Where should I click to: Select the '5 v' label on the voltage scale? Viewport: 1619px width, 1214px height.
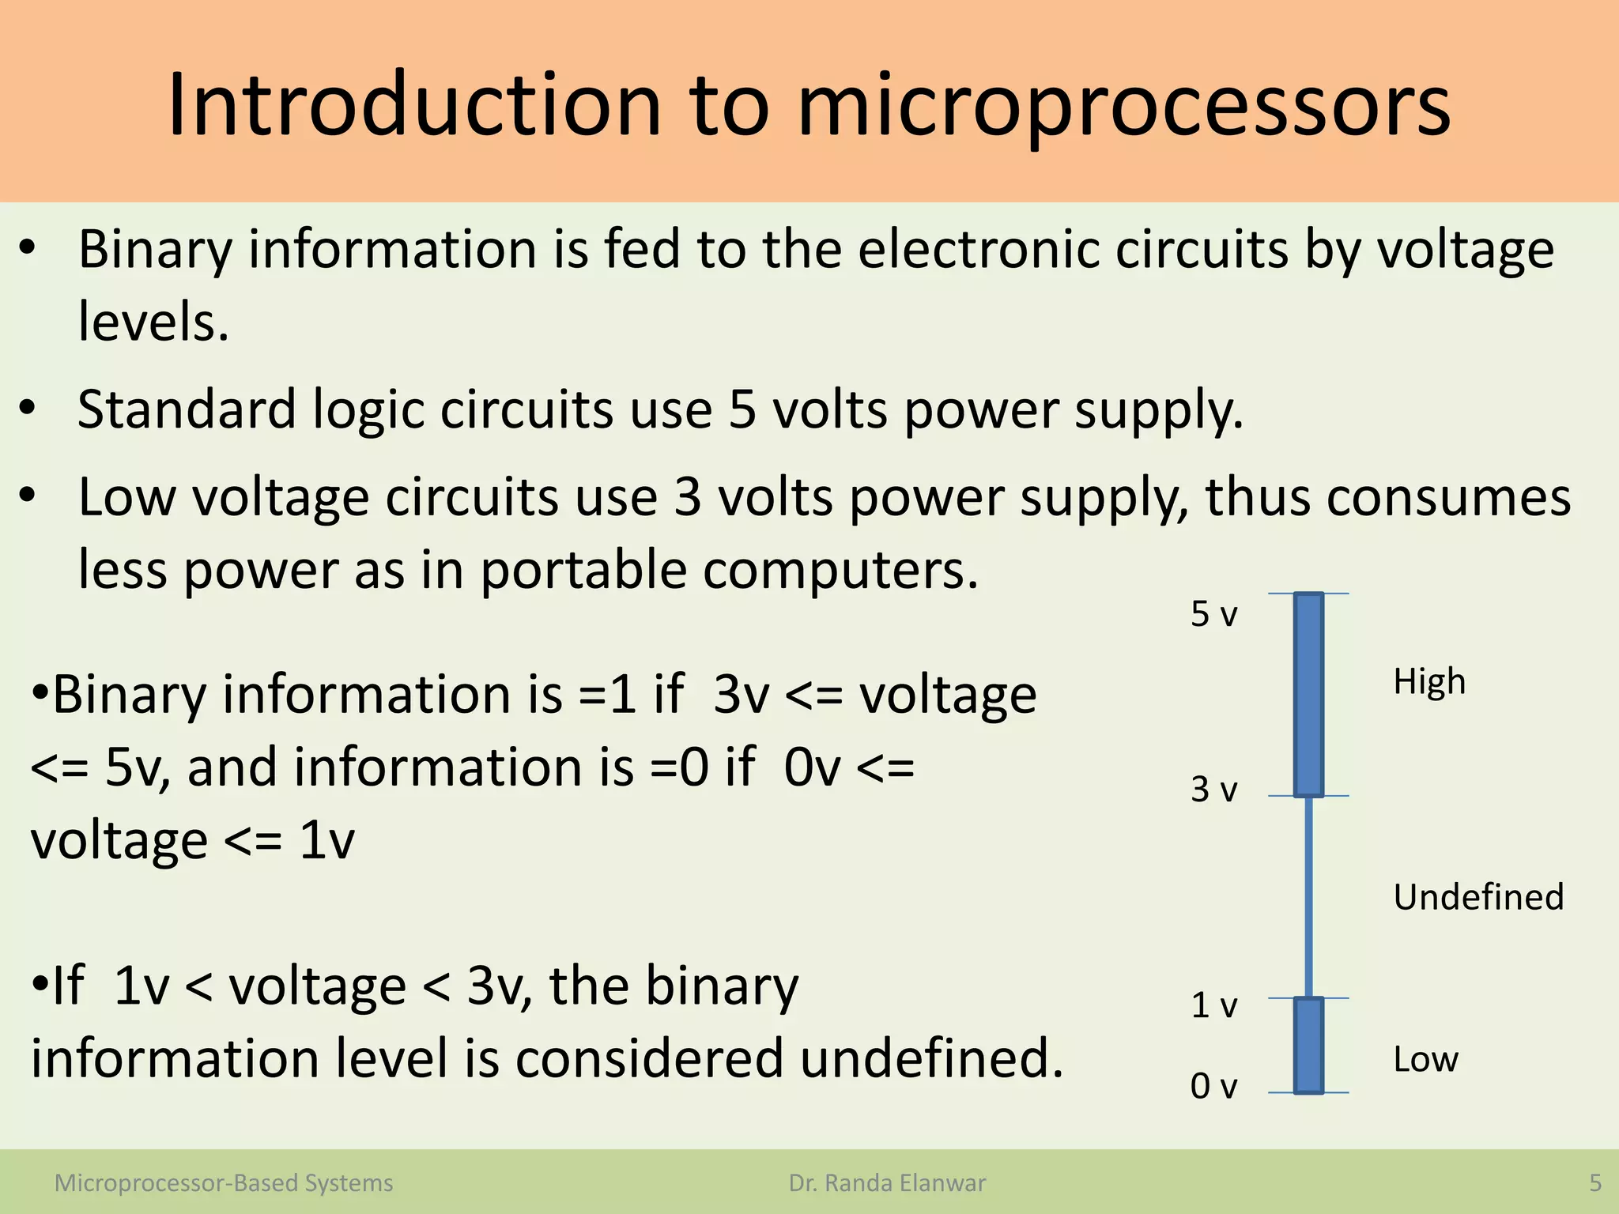(1213, 614)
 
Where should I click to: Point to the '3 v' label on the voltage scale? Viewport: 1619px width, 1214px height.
(1213, 790)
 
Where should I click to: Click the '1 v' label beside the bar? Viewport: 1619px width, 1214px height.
(1213, 1005)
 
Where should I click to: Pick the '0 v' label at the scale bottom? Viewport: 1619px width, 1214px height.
(1213, 1086)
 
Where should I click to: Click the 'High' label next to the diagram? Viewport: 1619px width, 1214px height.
(1429, 681)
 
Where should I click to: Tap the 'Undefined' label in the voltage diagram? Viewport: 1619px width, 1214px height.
(1478, 897)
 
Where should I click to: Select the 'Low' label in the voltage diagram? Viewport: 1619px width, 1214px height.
(1425, 1059)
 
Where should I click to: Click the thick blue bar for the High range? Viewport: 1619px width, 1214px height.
(1308, 694)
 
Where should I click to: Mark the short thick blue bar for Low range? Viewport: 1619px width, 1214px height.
(1308, 1045)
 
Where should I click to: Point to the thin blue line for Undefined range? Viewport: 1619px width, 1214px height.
(1308, 897)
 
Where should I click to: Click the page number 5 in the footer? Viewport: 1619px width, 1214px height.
(1595, 1183)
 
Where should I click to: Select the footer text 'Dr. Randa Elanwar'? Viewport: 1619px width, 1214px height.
(887, 1183)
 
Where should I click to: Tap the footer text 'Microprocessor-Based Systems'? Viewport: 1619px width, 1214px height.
(224, 1183)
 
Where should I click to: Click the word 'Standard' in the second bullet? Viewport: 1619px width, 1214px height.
(187, 409)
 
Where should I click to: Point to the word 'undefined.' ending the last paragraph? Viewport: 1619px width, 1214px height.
(932, 1059)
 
